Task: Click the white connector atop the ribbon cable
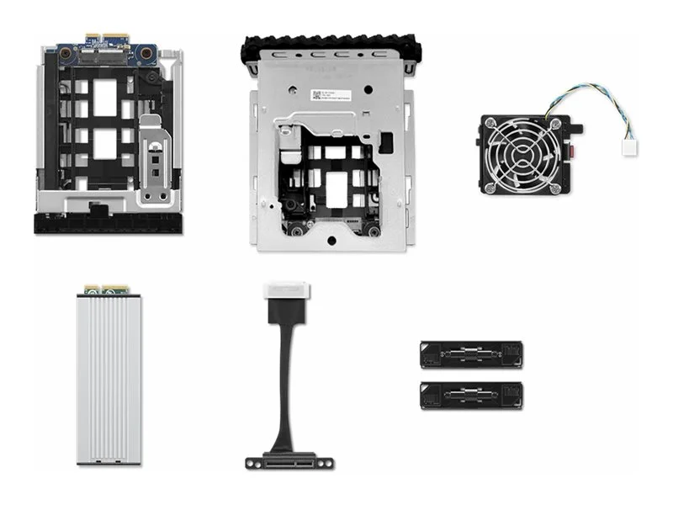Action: (287, 292)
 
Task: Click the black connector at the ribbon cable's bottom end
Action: (289, 461)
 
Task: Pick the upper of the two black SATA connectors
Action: (474, 354)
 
